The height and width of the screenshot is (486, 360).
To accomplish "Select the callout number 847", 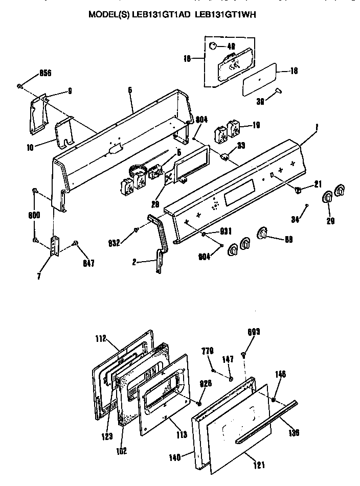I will click(x=88, y=264).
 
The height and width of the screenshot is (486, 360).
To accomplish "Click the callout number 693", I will click(x=254, y=332).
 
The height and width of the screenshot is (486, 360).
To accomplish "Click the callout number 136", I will click(x=294, y=433).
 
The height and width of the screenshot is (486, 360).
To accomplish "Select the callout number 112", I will click(x=101, y=338).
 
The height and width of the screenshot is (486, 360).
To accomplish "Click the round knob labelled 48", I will click(x=213, y=47).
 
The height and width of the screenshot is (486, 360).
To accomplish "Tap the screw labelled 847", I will click(x=75, y=243).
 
